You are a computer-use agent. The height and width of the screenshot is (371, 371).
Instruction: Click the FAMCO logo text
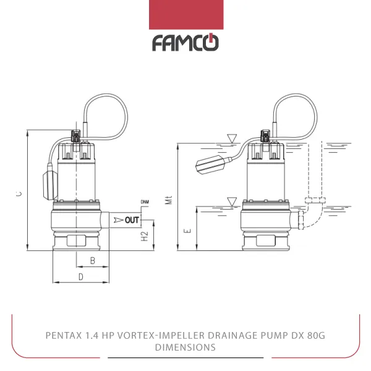(185, 43)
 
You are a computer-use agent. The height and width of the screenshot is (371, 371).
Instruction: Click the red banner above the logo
(185, 14)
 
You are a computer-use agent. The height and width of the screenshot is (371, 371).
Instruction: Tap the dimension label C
(19, 194)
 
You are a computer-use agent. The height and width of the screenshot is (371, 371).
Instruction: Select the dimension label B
(92, 261)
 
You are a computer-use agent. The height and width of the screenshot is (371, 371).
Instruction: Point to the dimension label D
(81, 276)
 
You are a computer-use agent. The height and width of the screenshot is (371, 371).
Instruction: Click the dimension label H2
(144, 236)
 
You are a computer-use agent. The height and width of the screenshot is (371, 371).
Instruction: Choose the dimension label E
(188, 231)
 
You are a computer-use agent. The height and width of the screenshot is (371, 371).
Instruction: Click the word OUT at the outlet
(132, 220)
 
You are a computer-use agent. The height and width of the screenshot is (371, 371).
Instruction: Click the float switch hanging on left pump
(51, 184)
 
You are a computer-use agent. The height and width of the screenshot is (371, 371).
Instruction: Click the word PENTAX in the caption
(63, 336)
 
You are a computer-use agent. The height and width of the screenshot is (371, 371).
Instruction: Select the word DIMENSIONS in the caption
(185, 348)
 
